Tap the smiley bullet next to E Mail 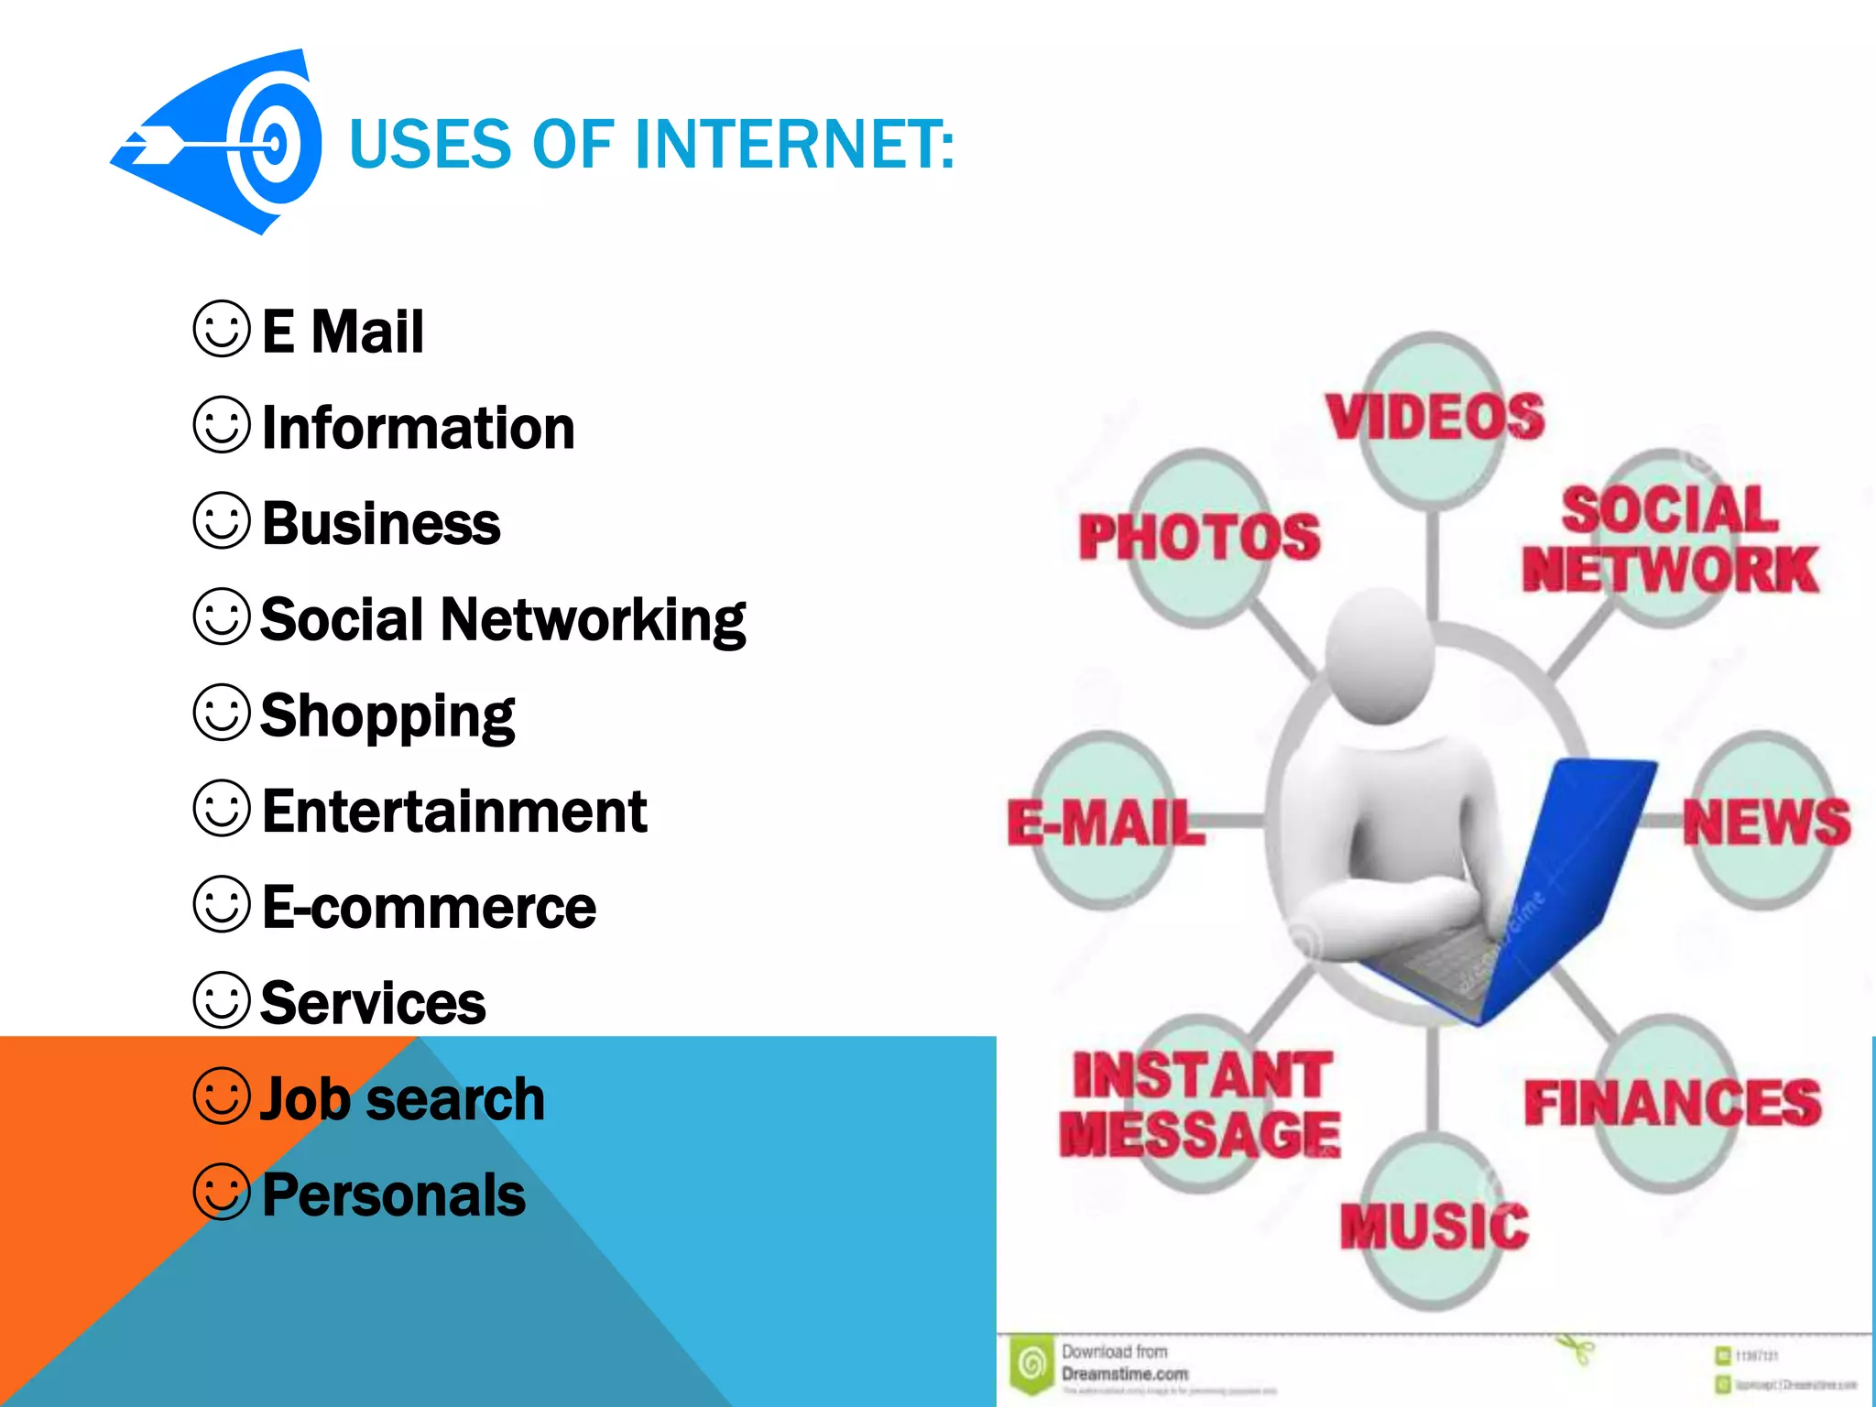(222, 329)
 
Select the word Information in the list (419, 428)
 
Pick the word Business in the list (381, 524)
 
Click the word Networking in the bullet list (594, 620)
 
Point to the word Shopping (387, 716)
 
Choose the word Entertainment (454, 812)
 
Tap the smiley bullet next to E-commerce (222, 904)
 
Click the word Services (373, 1003)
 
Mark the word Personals (394, 1195)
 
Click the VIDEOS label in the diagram (1434, 417)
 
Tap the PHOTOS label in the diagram (1199, 536)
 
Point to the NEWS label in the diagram (1766, 821)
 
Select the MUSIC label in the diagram (1434, 1226)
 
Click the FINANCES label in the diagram (1673, 1102)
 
